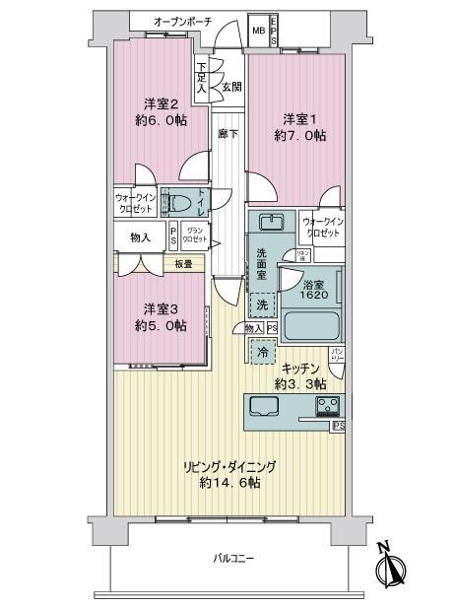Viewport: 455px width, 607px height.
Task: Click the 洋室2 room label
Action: click(161, 103)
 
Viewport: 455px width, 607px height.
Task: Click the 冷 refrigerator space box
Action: click(263, 350)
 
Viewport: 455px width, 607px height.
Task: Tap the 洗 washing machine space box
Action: click(260, 303)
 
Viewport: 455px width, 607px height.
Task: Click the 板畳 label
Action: click(183, 263)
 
